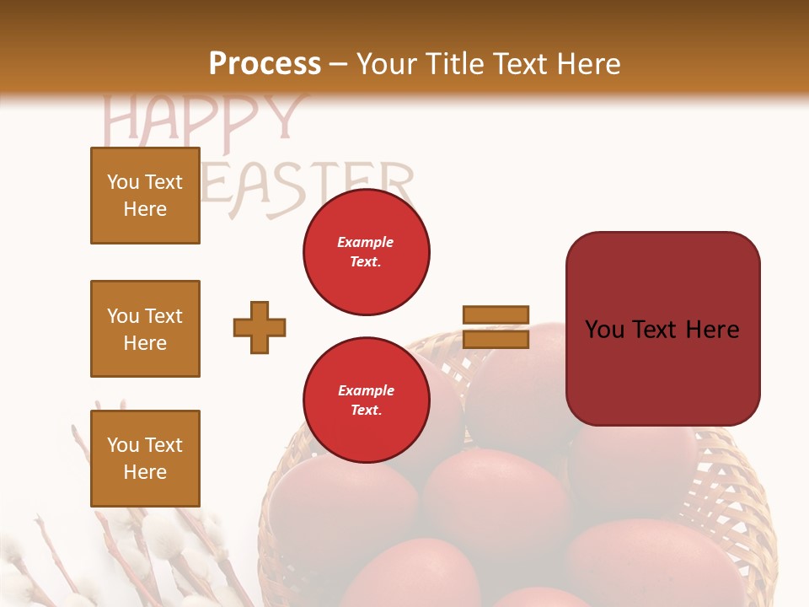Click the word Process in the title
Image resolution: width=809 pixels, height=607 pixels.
point(265,64)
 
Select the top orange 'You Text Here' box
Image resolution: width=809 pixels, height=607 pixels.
point(145,196)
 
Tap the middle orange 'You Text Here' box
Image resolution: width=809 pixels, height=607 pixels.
point(145,329)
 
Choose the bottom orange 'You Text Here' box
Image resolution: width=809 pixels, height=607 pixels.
point(145,459)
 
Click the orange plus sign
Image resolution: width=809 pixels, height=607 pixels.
point(260,327)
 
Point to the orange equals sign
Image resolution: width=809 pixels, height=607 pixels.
point(496,327)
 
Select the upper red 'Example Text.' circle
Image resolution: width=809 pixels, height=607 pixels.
point(366,252)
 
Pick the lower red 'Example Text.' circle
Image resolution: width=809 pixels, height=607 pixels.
point(366,400)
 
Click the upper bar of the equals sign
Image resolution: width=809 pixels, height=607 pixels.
point(496,314)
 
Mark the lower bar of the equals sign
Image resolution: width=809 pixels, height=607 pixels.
point(496,340)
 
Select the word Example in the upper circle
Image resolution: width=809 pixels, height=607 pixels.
point(365,242)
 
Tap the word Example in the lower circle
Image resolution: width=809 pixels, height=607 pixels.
point(366,390)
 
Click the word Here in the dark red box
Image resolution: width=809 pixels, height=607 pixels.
point(713,330)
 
